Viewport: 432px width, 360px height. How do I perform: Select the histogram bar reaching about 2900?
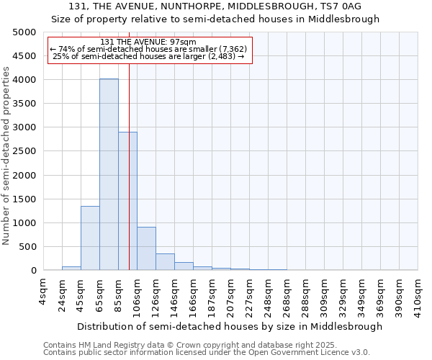(127, 202)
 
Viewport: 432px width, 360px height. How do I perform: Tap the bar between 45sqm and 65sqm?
(90, 238)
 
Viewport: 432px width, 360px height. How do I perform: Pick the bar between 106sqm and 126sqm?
(146, 248)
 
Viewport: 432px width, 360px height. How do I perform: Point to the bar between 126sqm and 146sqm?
(165, 262)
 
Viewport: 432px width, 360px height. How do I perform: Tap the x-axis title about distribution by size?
(229, 326)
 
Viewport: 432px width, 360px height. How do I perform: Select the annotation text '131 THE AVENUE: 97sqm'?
(149, 42)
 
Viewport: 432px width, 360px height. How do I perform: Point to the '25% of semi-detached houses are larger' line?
(149, 56)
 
